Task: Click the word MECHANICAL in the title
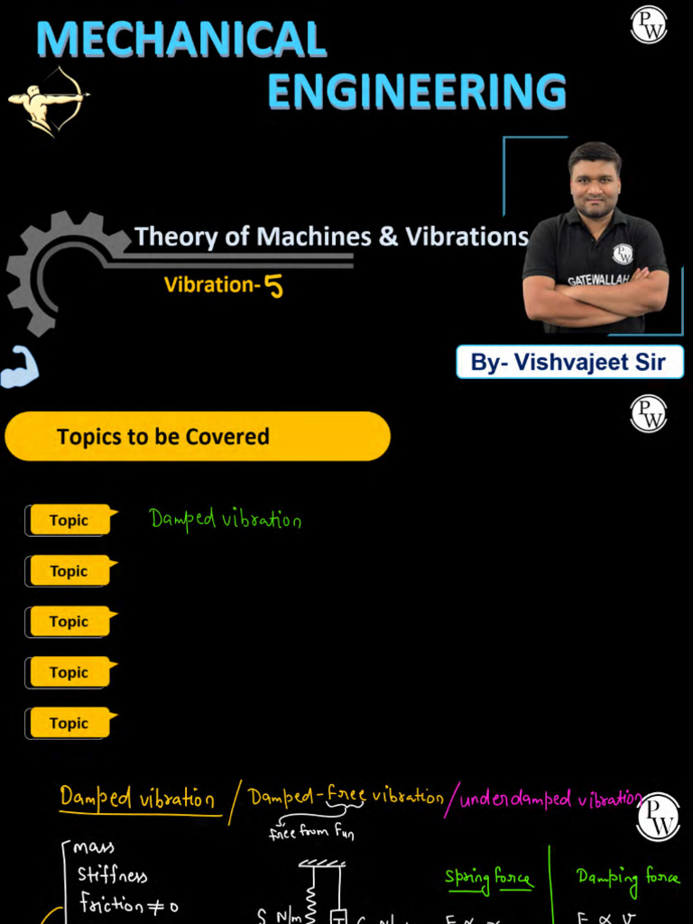click(181, 40)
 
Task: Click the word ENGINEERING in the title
click(417, 92)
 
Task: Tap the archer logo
click(47, 100)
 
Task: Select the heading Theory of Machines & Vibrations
click(331, 236)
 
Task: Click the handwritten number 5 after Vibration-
click(273, 286)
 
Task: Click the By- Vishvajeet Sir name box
click(569, 362)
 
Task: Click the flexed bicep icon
click(19, 368)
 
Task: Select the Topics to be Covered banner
click(198, 437)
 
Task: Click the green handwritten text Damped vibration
click(225, 519)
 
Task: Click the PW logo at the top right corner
click(648, 24)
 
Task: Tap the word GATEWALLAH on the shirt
click(598, 280)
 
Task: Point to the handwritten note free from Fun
click(311, 833)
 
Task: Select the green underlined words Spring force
click(488, 878)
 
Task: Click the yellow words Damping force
click(627, 877)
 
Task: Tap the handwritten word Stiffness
click(112, 875)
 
